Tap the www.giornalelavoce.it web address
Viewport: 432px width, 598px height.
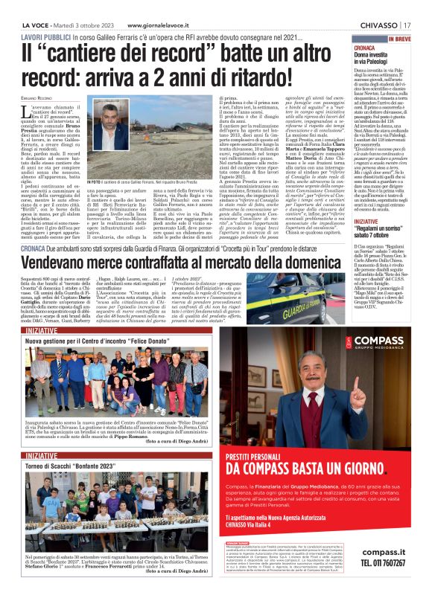tap(166, 7)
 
